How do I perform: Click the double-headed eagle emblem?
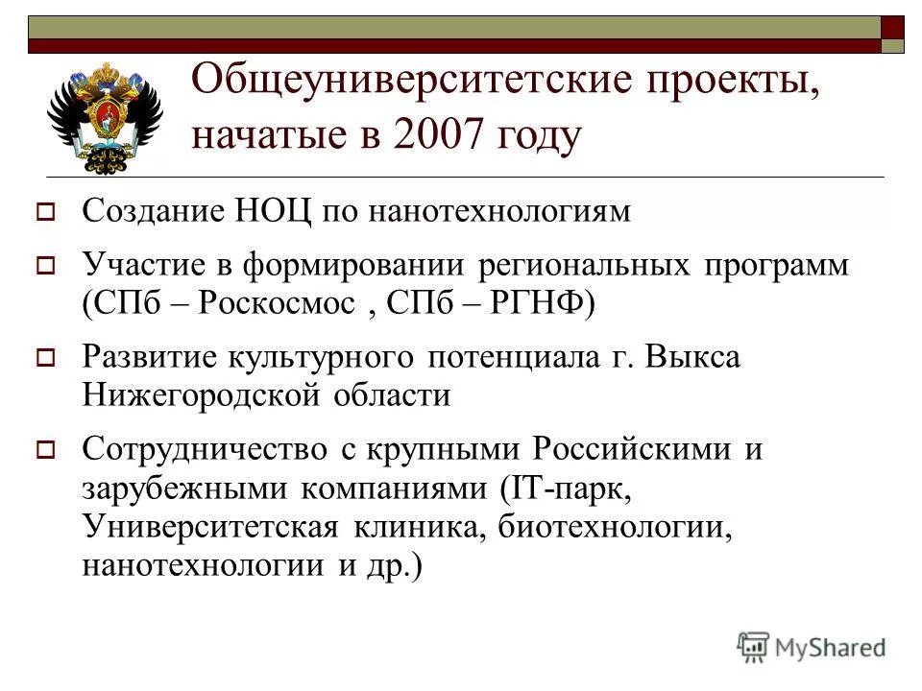[105, 116]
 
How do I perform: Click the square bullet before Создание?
[44, 212]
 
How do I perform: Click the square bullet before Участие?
[44, 266]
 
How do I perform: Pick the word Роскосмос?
[281, 304]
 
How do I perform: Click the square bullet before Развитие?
[44, 359]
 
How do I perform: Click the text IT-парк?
[568, 488]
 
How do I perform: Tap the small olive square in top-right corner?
[893, 45]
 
